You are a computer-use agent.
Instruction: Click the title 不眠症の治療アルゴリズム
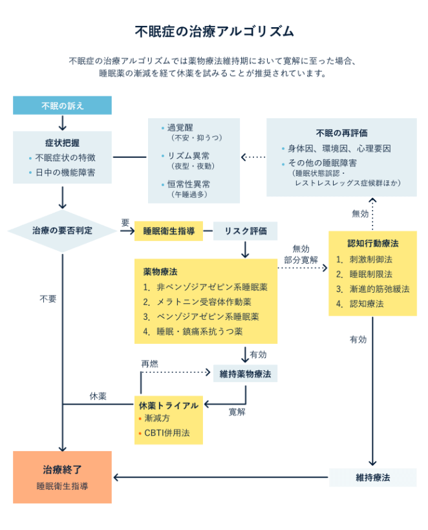214,31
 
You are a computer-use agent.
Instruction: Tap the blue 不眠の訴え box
62,105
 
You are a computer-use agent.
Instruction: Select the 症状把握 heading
62,143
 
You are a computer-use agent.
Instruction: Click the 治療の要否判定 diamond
62,231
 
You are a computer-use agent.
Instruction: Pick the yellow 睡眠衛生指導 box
168,231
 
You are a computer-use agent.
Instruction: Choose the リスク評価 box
245,231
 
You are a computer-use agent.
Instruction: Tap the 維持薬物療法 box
245,373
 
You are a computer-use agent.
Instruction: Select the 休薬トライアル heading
169,405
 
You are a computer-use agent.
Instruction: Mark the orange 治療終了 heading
62,470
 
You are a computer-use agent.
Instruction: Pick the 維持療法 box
372,478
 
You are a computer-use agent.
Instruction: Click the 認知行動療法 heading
372,244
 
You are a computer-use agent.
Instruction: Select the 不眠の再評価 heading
342,132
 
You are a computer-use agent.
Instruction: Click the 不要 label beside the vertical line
48,299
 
